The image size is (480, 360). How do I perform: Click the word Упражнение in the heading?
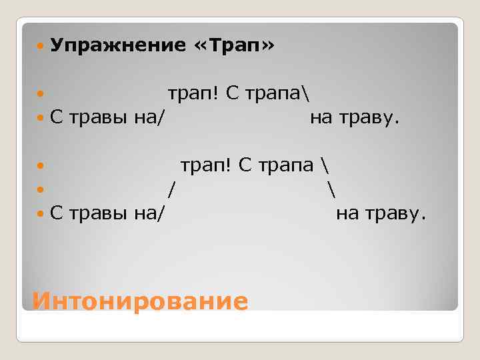pyautogui.click(x=117, y=46)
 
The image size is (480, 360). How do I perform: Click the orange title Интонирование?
pyautogui.click(x=140, y=301)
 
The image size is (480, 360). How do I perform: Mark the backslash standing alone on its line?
pyautogui.click(x=331, y=189)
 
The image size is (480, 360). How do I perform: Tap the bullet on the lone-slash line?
pyautogui.click(x=41, y=189)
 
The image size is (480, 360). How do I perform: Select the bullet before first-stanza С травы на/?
pyautogui.click(x=41, y=119)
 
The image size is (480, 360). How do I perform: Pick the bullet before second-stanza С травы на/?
pyautogui.click(x=41, y=213)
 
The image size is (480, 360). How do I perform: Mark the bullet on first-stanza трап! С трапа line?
pyautogui.click(x=41, y=95)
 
